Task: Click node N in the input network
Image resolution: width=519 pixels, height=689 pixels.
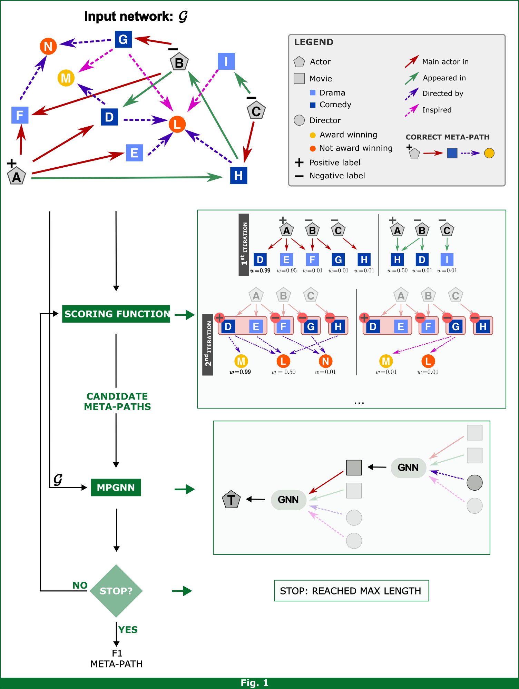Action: click(48, 46)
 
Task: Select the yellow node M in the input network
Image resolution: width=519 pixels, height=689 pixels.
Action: click(66, 78)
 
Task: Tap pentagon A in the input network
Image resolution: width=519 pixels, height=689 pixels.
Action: click(16, 176)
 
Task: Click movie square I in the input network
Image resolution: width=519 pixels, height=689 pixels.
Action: click(226, 61)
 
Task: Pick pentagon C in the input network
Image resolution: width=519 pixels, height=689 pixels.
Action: click(256, 111)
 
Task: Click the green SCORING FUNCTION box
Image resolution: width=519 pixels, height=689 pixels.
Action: click(116, 314)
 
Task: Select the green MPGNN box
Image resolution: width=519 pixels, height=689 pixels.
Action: click(116, 488)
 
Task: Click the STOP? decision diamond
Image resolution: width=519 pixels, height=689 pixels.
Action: click(116, 591)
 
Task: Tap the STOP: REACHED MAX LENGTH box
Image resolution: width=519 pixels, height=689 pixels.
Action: click(351, 591)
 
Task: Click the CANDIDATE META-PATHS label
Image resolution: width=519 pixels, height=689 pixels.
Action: click(117, 402)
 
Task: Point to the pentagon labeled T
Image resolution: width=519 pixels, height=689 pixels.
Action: click(231, 499)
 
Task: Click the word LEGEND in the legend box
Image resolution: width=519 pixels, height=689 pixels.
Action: click(314, 42)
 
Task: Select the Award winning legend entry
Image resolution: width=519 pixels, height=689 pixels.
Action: click(348, 135)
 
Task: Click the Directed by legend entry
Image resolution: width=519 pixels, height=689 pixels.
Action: click(442, 93)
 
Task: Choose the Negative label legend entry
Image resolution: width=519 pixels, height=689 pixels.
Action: click(337, 176)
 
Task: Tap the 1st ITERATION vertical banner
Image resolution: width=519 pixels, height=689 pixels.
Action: click(244, 244)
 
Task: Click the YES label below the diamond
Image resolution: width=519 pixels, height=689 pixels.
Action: click(128, 630)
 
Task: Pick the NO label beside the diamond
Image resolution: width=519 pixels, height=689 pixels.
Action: click(80, 585)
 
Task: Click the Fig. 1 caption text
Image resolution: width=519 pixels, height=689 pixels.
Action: click(254, 683)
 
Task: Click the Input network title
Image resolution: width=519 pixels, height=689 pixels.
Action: click(136, 16)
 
